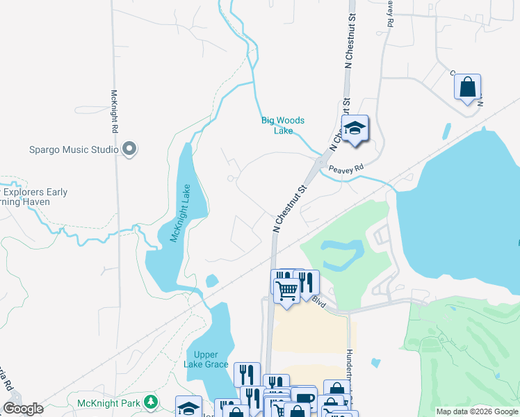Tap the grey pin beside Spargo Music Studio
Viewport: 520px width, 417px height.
(x=129, y=149)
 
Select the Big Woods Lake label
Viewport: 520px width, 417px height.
(x=282, y=125)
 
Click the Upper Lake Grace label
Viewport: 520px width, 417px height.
(x=206, y=359)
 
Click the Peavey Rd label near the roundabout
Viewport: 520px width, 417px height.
(x=346, y=168)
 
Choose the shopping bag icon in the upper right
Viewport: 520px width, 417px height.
(x=467, y=87)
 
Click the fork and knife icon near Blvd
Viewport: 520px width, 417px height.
(x=307, y=282)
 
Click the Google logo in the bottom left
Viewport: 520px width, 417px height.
(x=23, y=409)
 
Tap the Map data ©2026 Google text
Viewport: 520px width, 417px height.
(x=477, y=411)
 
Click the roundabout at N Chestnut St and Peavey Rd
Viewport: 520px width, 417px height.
(x=320, y=163)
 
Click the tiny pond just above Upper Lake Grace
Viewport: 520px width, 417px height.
(x=212, y=281)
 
